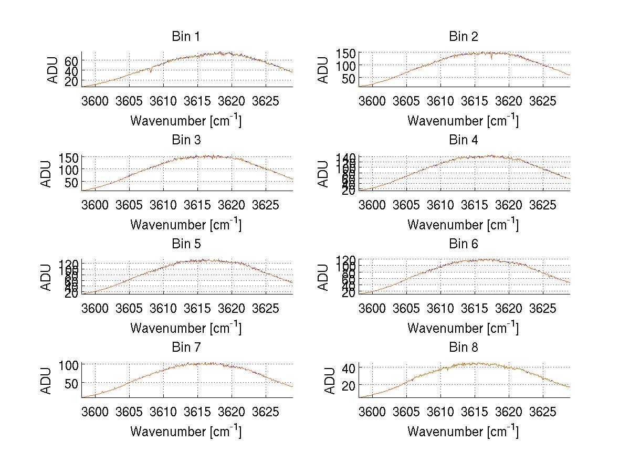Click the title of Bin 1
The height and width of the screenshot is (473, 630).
point(185,37)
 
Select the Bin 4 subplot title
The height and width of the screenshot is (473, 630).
point(463,140)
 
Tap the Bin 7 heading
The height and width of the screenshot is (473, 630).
point(185,348)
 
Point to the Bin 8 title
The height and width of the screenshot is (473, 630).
point(463,348)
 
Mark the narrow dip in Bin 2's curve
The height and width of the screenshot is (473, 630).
point(492,58)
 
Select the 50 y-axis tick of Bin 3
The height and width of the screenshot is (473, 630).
point(71,182)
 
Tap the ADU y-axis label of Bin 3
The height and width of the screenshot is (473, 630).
point(46,174)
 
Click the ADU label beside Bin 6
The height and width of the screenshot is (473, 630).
point(323,277)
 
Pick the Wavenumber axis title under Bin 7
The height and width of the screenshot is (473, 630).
point(185,431)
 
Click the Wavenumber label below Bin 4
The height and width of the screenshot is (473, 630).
point(463,224)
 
